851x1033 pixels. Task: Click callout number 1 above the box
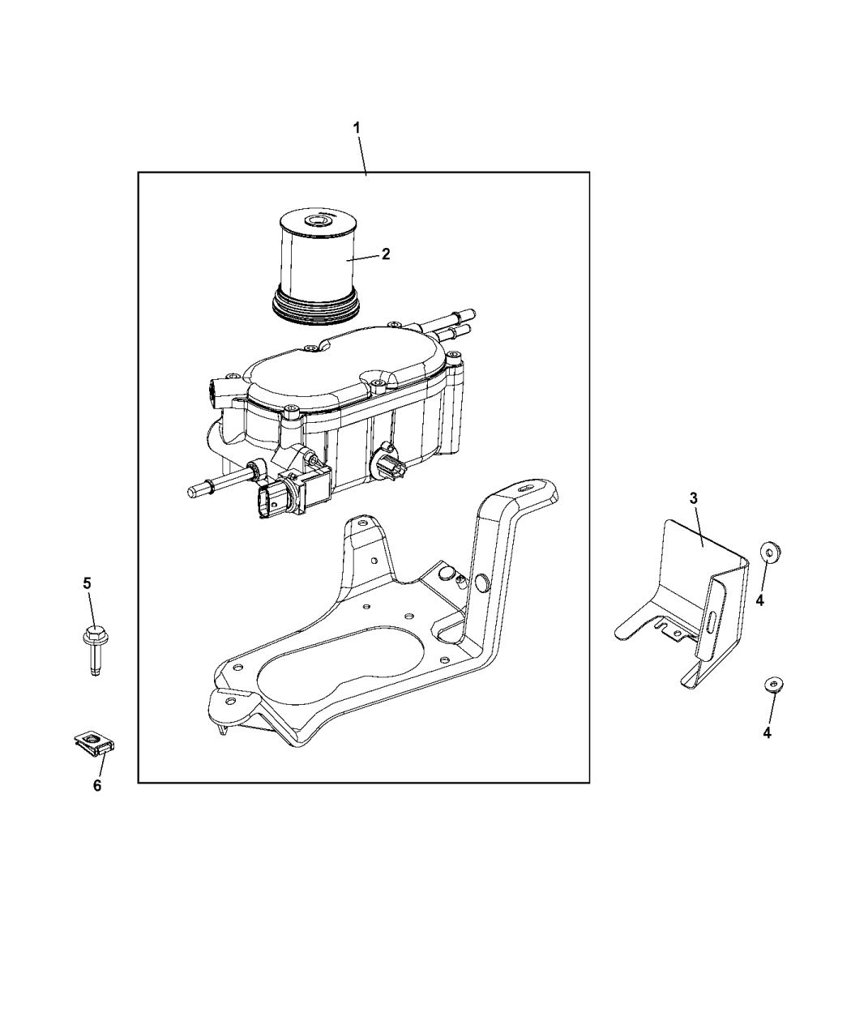(x=357, y=128)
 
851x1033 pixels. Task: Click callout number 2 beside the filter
(x=386, y=254)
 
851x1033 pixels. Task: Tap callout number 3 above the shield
(x=693, y=499)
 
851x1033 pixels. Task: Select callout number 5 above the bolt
(x=88, y=583)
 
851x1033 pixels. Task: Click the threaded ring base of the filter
(x=316, y=308)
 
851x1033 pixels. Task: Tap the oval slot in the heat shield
(x=713, y=621)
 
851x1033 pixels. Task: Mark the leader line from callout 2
(x=362, y=258)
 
